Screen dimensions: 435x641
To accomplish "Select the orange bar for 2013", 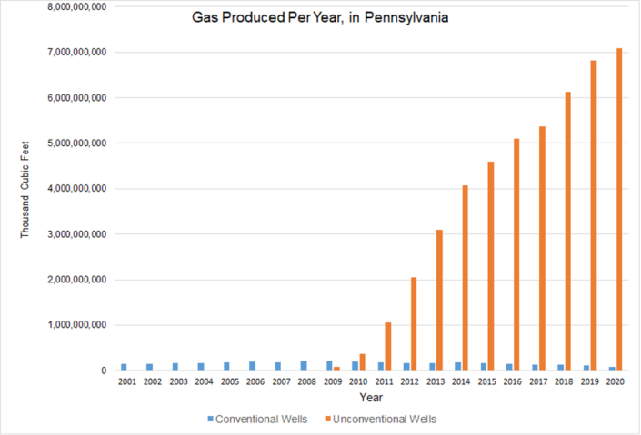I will (x=439, y=300).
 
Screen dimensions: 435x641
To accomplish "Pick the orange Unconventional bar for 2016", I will (x=516, y=254).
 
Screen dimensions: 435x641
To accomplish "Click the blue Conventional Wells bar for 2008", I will (x=304, y=365).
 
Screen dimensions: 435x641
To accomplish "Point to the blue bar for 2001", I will (x=124, y=367).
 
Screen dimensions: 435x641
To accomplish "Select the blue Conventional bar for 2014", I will (x=458, y=366).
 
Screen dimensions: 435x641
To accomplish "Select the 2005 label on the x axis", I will (x=230, y=382).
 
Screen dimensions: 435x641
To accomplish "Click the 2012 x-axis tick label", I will (x=410, y=382).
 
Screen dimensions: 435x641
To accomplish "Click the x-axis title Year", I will (x=370, y=398).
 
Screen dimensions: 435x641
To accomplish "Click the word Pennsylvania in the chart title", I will (x=406, y=18).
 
